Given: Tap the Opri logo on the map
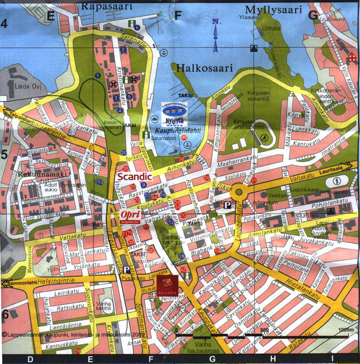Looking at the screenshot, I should coord(130,215).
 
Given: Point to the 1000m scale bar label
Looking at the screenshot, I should coord(346,330).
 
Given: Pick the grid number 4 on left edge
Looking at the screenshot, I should coord(5,23).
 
